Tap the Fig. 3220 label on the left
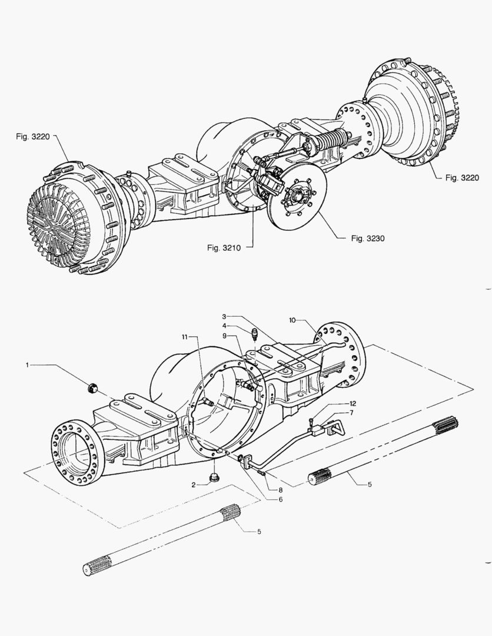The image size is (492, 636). [x=31, y=136]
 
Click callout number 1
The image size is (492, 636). [x=27, y=365]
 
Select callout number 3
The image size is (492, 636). [x=224, y=317]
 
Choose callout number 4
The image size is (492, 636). [x=224, y=326]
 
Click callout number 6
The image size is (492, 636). [x=281, y=499]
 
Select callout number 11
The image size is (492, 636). [x=184, y=336]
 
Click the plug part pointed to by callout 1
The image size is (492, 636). [x=91, y=387]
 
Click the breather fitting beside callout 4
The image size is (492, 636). [x=254, y=334]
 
